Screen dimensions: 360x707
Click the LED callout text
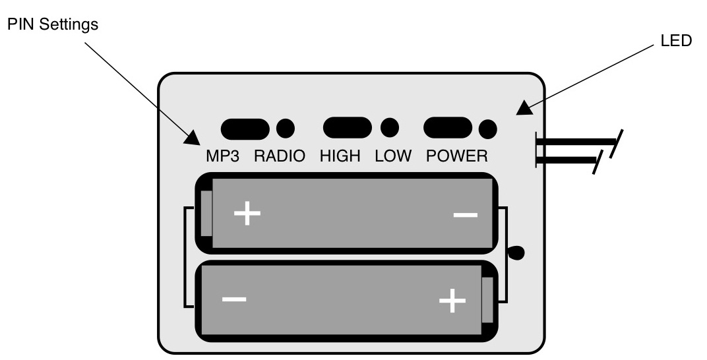(x=676, y=41)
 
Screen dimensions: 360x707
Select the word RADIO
(x=280, y=157)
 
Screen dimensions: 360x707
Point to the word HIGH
(x=340, y=157)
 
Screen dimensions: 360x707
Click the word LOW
(x=393, y=157)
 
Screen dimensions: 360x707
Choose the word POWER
(x=457, y=157)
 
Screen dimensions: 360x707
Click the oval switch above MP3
(x=245, y=129)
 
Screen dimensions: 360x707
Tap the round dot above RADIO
(x=286, y=129)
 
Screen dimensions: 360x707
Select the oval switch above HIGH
(x=347, y=128)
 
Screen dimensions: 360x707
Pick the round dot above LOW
(x=390, y=127)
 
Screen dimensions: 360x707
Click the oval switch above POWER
(x=448, y=128)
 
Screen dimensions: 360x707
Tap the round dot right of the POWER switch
(x=487, y=129)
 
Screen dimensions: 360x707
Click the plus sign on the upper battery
(x=247, y=213)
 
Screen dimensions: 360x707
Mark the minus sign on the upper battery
(x=466, y=216)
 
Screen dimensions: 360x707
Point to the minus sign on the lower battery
(x=234, y=299)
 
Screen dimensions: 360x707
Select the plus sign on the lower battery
(x=452, y=301)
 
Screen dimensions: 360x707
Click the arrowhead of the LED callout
(x=525, y=107)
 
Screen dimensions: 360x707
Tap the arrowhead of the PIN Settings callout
(x=193, y=137)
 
